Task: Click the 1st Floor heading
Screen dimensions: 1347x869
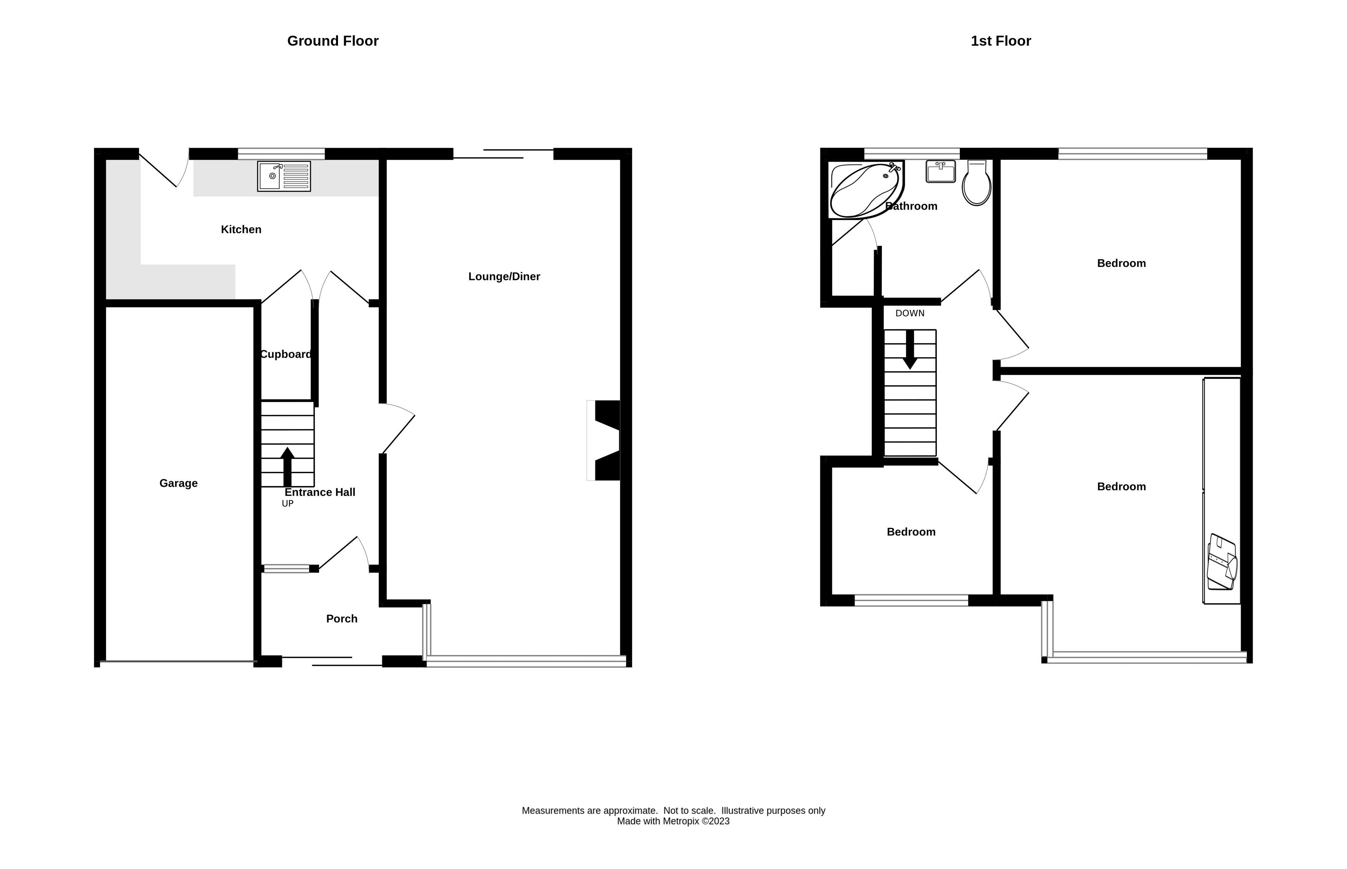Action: click(x=1001, y=41)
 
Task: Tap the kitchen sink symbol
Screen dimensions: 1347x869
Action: click(x=284, y=176)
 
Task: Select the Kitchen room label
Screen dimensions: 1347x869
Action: click(x=241, y=230)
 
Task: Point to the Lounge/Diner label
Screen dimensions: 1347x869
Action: click(x=504, y=276)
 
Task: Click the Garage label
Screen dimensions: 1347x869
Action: click(x=178, y=483)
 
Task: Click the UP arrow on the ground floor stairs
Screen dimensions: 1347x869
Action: click(x=287, y=467)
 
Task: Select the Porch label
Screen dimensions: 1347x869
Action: click(x=341, y=619)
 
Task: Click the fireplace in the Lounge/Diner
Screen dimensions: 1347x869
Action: click(x=604, y=440)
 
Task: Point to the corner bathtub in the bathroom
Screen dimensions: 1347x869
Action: click(x=866, y=190)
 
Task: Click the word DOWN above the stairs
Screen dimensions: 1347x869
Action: click(x=910, y=313)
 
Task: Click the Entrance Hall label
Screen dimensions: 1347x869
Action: click(x=320, y=492)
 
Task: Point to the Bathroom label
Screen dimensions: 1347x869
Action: click(x=911, y=206)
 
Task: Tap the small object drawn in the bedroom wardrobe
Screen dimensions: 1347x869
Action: click(x=1222, y=563)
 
